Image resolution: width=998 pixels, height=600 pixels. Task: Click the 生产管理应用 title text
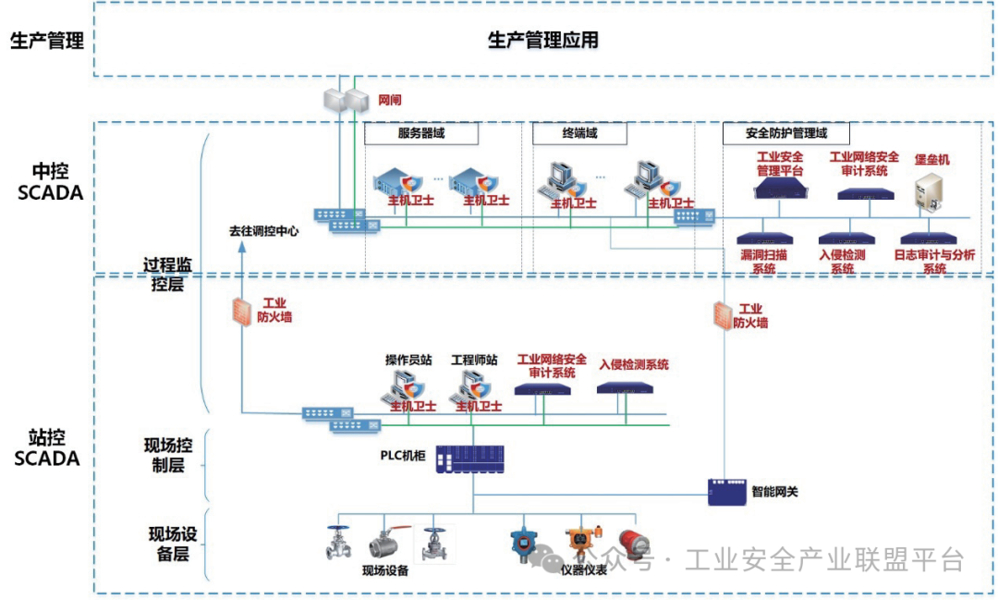pyautogui.click(x=542, y=40)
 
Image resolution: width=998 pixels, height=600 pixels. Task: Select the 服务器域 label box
pyautogui.click(x=420, y=133)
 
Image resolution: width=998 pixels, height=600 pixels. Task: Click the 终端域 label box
pyautogui.click(x=579, y=133)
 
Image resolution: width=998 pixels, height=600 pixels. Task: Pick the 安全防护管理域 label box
pyautogui.click(x=785, y=133)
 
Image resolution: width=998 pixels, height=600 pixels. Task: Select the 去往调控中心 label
pyautogui.click(x=264, y=231)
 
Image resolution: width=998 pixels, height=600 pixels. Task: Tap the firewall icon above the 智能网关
pyautogui.click(x=723, y=315)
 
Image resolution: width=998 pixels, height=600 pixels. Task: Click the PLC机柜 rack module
pyautogui.click(x=471, y=457)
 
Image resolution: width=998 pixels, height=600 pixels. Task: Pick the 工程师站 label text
pyautogui.click(x=474, y=360)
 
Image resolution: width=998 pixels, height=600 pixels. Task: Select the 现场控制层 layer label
pyautogui.click(x=167, y=456)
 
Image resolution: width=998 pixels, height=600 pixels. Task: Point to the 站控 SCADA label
pyautogui.click(x=47, y=447)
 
